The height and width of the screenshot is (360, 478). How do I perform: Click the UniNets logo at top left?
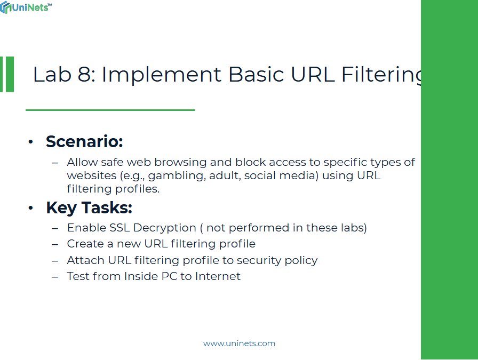(x=26, y=8)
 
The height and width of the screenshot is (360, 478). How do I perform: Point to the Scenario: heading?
(x=84, y=142)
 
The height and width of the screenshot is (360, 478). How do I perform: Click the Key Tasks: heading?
(x=89, y=207)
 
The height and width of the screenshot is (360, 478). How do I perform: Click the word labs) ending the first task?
(x=354, y=228)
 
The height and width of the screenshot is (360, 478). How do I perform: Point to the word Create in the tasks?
(x=84, y=244)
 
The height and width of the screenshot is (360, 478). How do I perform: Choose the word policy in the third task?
(x=300, y=260)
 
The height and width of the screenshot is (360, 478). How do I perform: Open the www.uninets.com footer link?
(x=239, y=343)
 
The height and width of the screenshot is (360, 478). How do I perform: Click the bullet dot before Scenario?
(x=31, y=142)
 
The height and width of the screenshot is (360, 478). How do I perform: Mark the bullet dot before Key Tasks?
(x=31, y=208)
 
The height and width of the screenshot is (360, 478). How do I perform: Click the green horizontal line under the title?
(x=110, y=110)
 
